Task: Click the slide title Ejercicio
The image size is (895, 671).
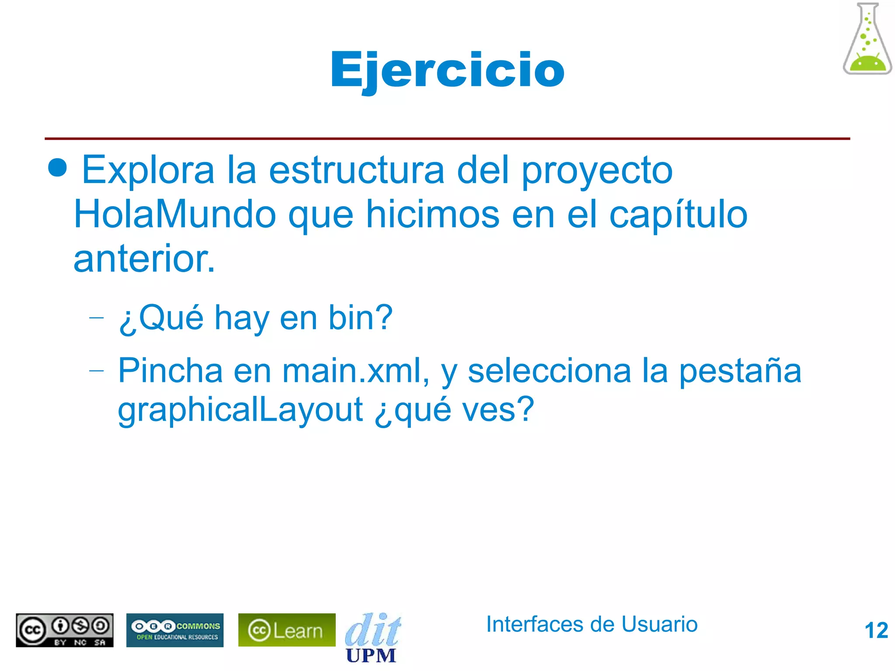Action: (447, 70)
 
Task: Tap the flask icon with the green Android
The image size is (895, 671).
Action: (867, 39)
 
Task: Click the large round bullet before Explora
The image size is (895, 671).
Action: (58, 168)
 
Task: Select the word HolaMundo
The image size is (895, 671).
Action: (175, 214)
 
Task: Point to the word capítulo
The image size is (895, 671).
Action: (678, 215)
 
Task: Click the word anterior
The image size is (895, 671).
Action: (144, 259)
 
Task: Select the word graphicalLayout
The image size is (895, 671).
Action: (240, 411)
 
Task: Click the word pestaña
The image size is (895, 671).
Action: (740, 371)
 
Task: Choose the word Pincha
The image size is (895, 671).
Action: (170, 371)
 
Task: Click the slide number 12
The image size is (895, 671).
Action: (876, 630)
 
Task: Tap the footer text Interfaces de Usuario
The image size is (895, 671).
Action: (592, 624)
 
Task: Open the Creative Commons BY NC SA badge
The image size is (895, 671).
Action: (65, 630)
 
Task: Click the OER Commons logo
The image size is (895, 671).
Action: (175, 630)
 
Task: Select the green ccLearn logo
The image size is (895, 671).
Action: (287, 630)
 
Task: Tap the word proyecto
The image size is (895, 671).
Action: (597, 171)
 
